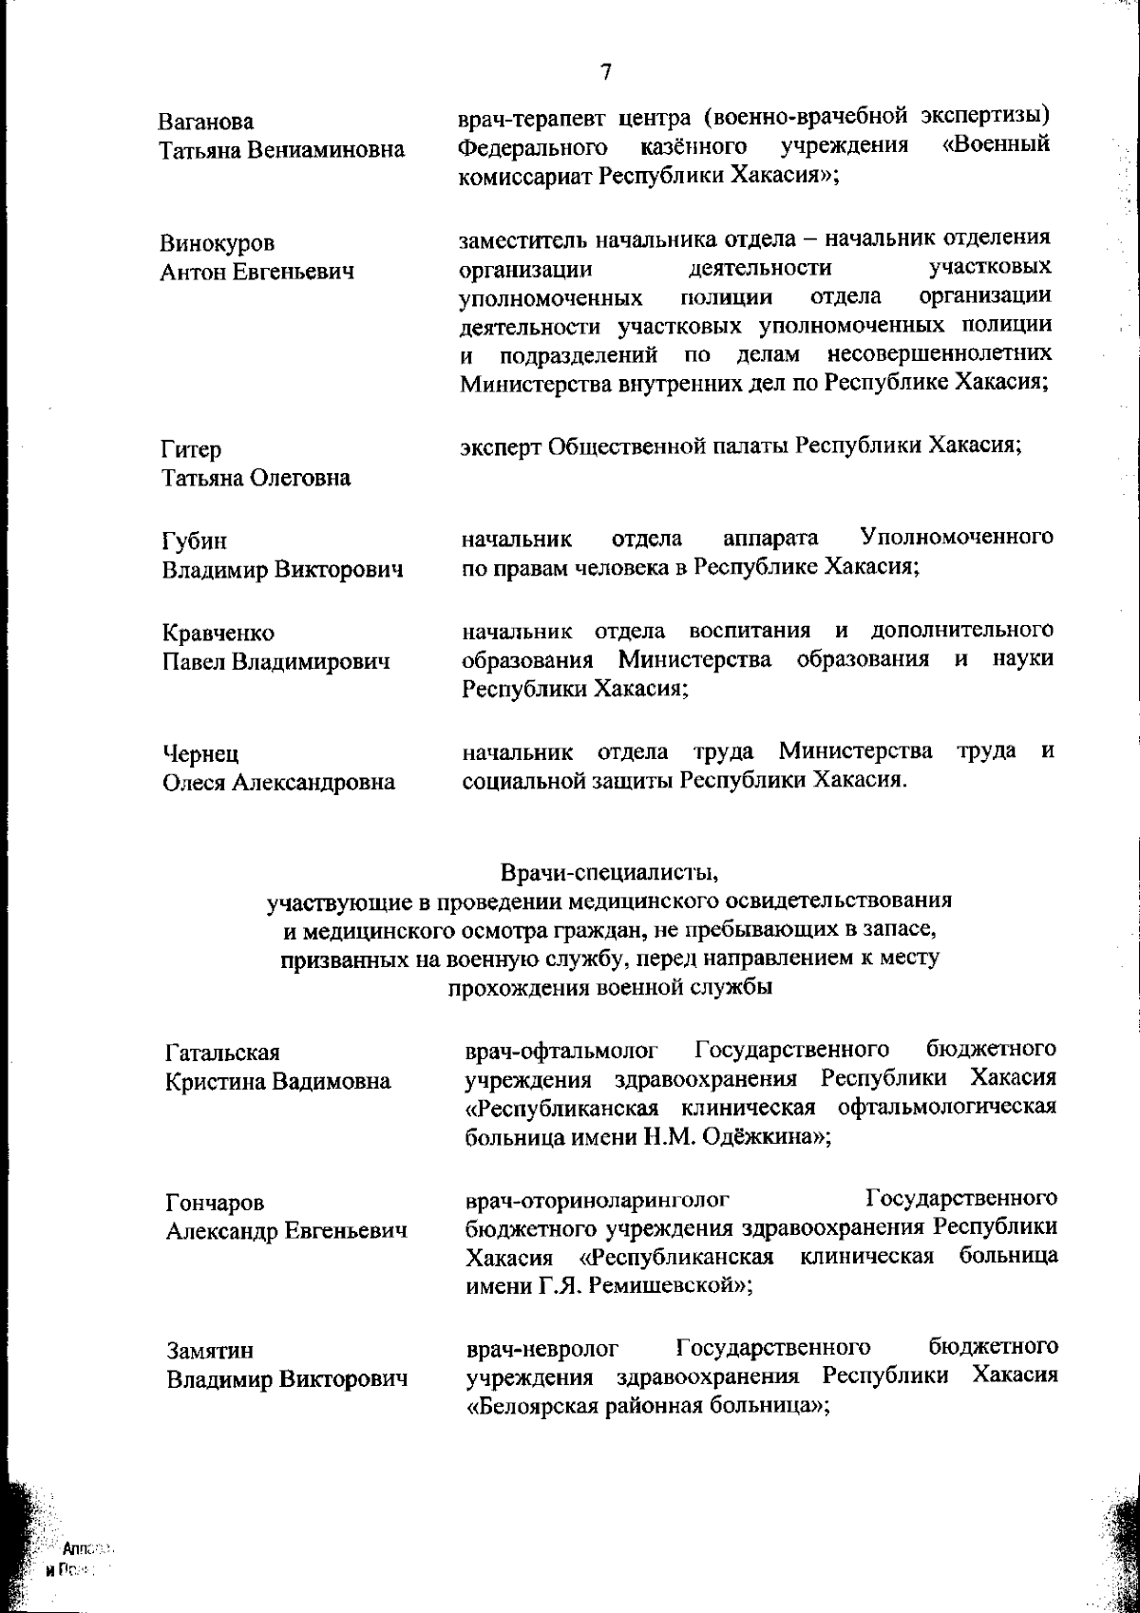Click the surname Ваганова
pos(206,123)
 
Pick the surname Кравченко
pos(218,634)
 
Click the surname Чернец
pos(200,754)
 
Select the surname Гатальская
pos(222,1053)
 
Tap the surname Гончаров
pos(215,1204)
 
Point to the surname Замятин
pos(210,1351)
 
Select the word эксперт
pos(499,446)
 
